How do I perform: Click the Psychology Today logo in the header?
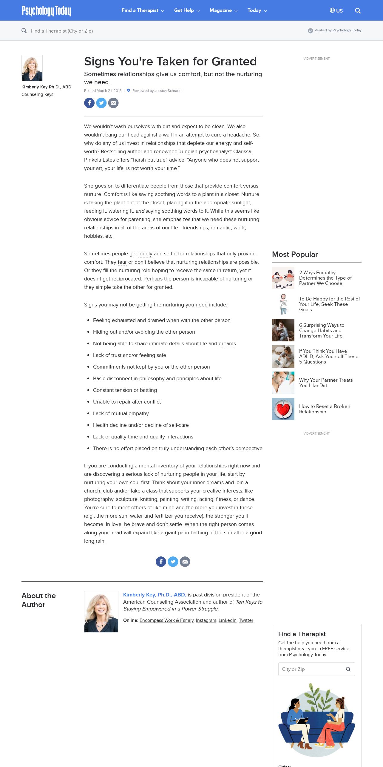point(46,11)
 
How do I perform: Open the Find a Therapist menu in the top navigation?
point(143,10)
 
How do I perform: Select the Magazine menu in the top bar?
point(223,10)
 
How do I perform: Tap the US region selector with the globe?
point(336,11)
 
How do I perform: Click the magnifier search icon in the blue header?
point(358,11)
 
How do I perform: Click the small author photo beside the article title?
point(32,68)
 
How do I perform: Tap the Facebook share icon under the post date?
point(89,103)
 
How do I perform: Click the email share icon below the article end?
point(185,562)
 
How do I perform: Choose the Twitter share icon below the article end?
point(173,562)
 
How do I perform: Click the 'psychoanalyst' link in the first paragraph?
point(215,152)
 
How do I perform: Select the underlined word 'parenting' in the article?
point(139,220)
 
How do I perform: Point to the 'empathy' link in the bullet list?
point(138,414)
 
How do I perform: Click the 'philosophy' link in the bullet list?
point(152,379)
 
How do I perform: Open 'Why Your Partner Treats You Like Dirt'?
point(326,383)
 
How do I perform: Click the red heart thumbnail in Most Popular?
point(283,409)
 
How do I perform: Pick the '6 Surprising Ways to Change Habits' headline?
point(322,330)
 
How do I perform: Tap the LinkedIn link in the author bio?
point(227,620)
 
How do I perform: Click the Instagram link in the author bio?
point(206,620)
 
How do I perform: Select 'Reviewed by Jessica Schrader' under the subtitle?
point(157,91)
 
